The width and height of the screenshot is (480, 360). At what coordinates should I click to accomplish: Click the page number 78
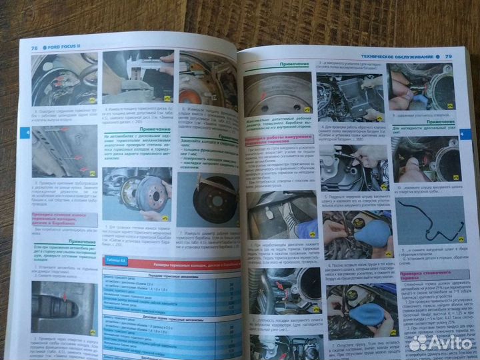pos(33,49)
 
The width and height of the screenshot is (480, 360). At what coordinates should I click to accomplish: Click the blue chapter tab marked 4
pos(27,133)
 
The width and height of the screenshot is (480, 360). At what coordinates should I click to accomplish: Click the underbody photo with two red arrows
pos(61,154)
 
